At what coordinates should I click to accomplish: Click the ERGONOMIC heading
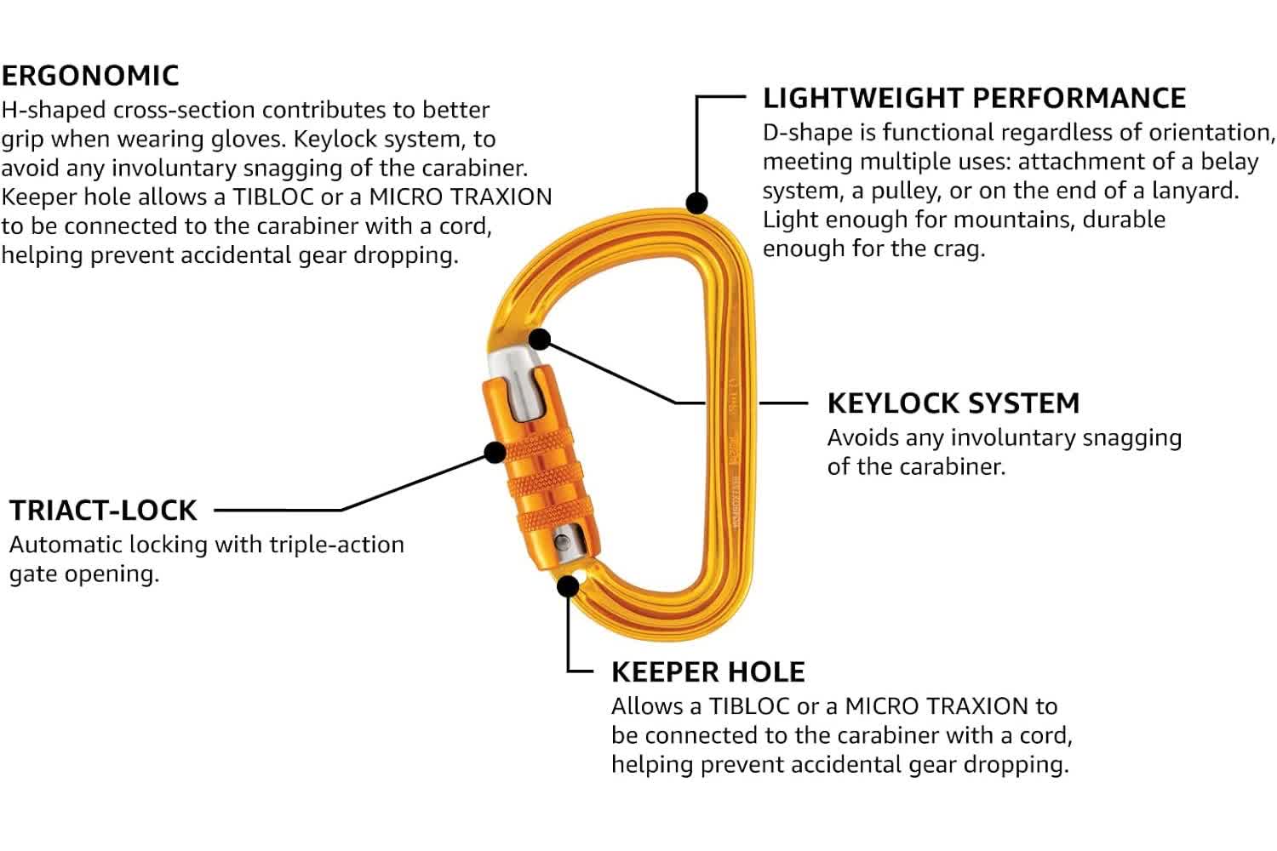90,76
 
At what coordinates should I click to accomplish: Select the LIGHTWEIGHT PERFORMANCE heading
974,98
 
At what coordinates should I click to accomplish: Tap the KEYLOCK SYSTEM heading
953,403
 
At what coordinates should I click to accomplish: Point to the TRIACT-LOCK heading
103,511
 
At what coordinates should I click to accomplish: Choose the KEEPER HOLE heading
707,672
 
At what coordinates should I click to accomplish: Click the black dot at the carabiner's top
697,203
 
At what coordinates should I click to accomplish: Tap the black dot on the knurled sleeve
494,451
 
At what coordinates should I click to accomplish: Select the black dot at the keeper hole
568,585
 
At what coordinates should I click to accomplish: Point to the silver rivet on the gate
562,542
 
